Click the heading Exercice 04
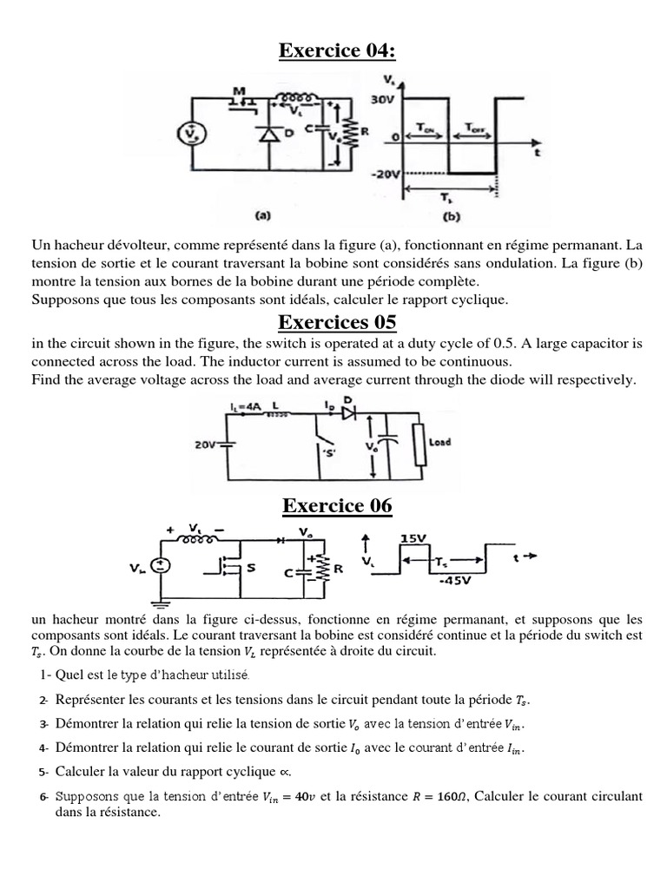click(x=336, y=51)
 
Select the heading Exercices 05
click(x=336, y=323)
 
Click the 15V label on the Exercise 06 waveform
click(x=412, y=538)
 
